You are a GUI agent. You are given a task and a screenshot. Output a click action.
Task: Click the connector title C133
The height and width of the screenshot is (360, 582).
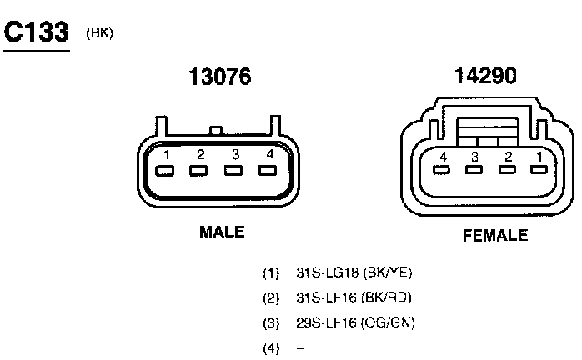(37, 32)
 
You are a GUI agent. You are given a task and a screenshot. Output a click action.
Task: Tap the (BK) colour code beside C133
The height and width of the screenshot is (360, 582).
(99, 33)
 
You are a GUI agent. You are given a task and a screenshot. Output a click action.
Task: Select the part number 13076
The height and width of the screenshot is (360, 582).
(220, 77)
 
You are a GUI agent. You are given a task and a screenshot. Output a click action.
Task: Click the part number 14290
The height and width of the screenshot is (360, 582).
(485, 75)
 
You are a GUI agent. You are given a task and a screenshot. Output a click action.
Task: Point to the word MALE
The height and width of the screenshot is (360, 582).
(222, 232)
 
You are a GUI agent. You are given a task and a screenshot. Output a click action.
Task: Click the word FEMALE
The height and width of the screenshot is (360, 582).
(495, 235)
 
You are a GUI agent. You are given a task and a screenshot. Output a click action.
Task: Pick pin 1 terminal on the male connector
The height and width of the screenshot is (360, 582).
(165, 171)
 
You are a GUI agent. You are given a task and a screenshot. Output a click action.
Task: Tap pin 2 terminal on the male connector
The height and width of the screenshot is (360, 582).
(198, 171)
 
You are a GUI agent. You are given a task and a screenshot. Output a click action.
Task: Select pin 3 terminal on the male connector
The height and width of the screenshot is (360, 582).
(233, 170)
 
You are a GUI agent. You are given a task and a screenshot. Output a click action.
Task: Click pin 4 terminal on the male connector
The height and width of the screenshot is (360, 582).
(268, 170)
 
